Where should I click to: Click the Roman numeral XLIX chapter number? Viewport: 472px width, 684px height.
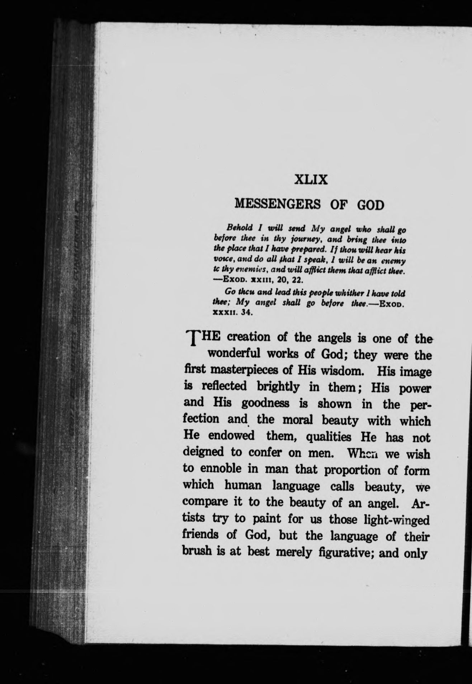(x=311, y=179)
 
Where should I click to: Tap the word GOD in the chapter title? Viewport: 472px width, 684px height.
(x=370, y=205)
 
